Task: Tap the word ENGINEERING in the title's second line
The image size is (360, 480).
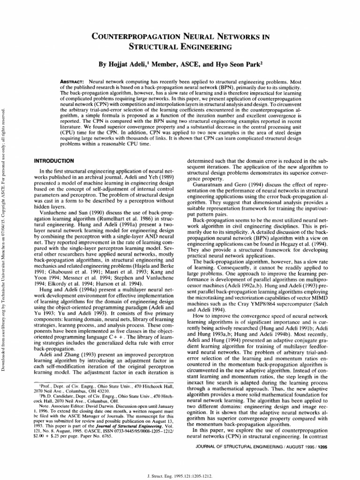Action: [206, 46]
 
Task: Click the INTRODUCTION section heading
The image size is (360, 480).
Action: [55, 160]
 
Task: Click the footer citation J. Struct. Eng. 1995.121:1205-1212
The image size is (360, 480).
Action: [180, 473]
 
